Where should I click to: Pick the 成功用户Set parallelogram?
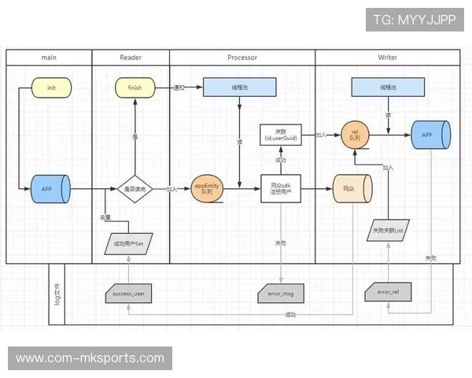pyautogui.click(x=129, y=243)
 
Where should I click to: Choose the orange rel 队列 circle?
pyautogui.click(x=355, y=135)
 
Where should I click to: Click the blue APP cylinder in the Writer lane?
pyautogui.click(x=429, y=135)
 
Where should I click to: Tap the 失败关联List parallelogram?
pyautogui.click(x=388, y=232)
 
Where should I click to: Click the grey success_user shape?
pyautogui.click(x=130, y=294)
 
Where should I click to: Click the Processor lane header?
pyautogui.click(x=242, y=57)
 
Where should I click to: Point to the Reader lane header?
pyautogui.click(x=131, y=57)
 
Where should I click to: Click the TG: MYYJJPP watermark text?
pyautogui.click(x=415, y=20)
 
